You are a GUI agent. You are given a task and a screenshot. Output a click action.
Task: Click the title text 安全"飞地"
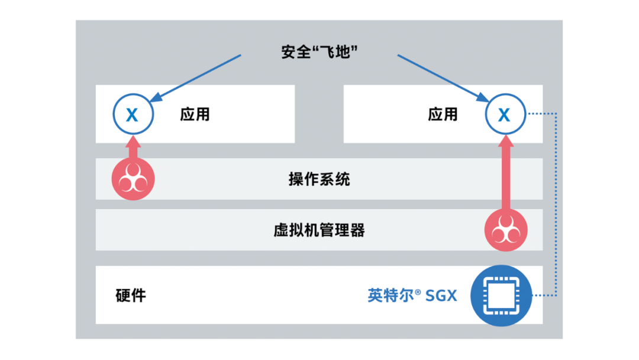tap(321, 52)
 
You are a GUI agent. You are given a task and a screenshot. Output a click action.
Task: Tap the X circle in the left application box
tap(133, 114)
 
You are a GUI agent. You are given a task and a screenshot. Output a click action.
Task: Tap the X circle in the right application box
tap(505, 114)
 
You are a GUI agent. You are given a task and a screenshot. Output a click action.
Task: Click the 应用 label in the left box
tap(195, 114)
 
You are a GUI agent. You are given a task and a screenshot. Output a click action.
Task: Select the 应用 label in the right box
tap(443, 114)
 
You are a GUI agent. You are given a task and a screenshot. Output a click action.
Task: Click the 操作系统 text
tap(319, 178)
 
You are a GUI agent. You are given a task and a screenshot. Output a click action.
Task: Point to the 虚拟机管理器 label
tap(319, 230)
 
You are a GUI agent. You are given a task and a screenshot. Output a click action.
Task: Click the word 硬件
tap(131, 295)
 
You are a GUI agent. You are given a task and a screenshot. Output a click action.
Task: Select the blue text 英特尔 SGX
tap(412, 295)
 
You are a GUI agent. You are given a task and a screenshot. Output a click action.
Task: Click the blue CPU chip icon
tap(501, 295)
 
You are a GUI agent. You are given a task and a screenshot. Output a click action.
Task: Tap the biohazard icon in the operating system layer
tap(133, 179)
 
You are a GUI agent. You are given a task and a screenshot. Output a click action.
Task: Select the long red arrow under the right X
tap(505, 175)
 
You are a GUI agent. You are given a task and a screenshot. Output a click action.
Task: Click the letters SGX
tap(441, 295)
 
